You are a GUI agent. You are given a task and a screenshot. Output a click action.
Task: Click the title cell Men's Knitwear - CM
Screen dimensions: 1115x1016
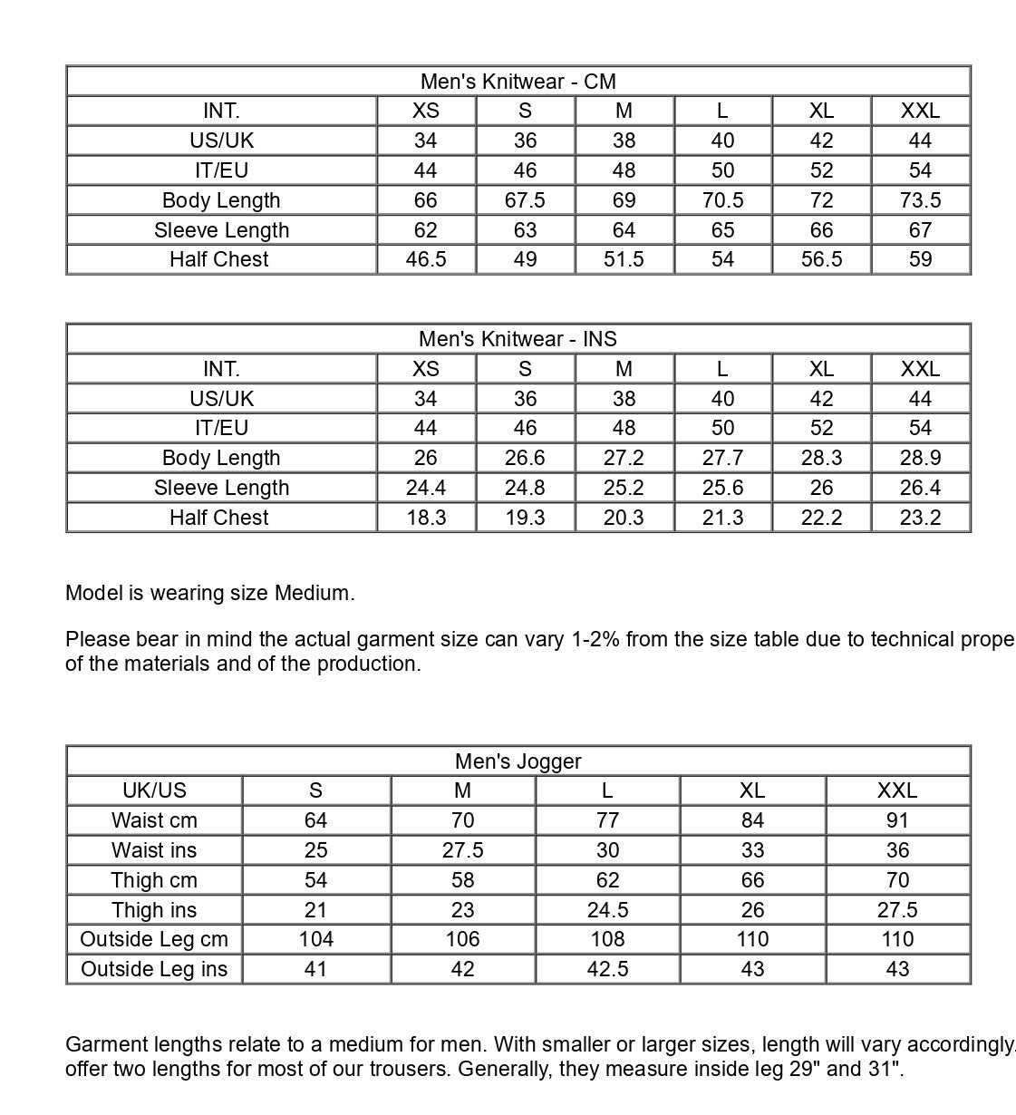click(x=518, y=82)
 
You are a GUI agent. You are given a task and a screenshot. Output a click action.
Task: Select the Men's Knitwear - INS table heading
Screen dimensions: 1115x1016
click(x=518, y=339)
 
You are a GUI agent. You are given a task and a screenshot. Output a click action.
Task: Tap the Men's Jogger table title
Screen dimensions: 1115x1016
click(x=518, y=761)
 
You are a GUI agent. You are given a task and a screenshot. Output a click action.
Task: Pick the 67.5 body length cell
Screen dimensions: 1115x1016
click(x=525, y=200)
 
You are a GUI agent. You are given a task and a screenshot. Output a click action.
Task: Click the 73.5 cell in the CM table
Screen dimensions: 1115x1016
click(x=920, y=200)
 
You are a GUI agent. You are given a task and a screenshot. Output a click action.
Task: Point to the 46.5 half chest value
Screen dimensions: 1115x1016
click(x=425, y=259)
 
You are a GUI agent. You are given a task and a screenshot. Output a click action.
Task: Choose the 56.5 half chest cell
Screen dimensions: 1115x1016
click(x=821, y=259)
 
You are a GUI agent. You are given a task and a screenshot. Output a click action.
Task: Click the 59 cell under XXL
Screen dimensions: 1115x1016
click(x=920, y=259)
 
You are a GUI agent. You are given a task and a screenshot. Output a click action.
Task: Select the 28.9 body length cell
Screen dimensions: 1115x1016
click(x=920, y=458)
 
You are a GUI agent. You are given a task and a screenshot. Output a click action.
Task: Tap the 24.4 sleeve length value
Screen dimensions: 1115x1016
click(x=425, y=488)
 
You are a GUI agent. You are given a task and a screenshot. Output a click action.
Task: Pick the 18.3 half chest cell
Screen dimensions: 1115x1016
click(x=425, y=518)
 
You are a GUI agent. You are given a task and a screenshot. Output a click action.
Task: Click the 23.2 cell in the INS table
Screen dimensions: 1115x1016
click(x=920, y=518)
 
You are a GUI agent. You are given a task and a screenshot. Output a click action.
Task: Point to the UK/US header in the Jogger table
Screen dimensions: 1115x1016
click(x=154, y=790)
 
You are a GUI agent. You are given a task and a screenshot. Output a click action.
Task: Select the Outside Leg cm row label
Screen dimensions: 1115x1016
click(x=154, y=939)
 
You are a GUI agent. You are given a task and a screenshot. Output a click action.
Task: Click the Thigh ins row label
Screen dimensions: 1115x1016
click(x=154, y=910)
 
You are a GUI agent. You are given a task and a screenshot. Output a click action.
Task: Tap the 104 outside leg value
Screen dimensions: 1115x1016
click(x=315, y=939)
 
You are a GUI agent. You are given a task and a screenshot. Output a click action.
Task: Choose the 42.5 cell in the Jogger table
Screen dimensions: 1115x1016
click(x=607, y=969)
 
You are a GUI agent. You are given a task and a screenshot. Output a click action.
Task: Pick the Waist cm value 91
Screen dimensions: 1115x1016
click(x=897, y=820)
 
